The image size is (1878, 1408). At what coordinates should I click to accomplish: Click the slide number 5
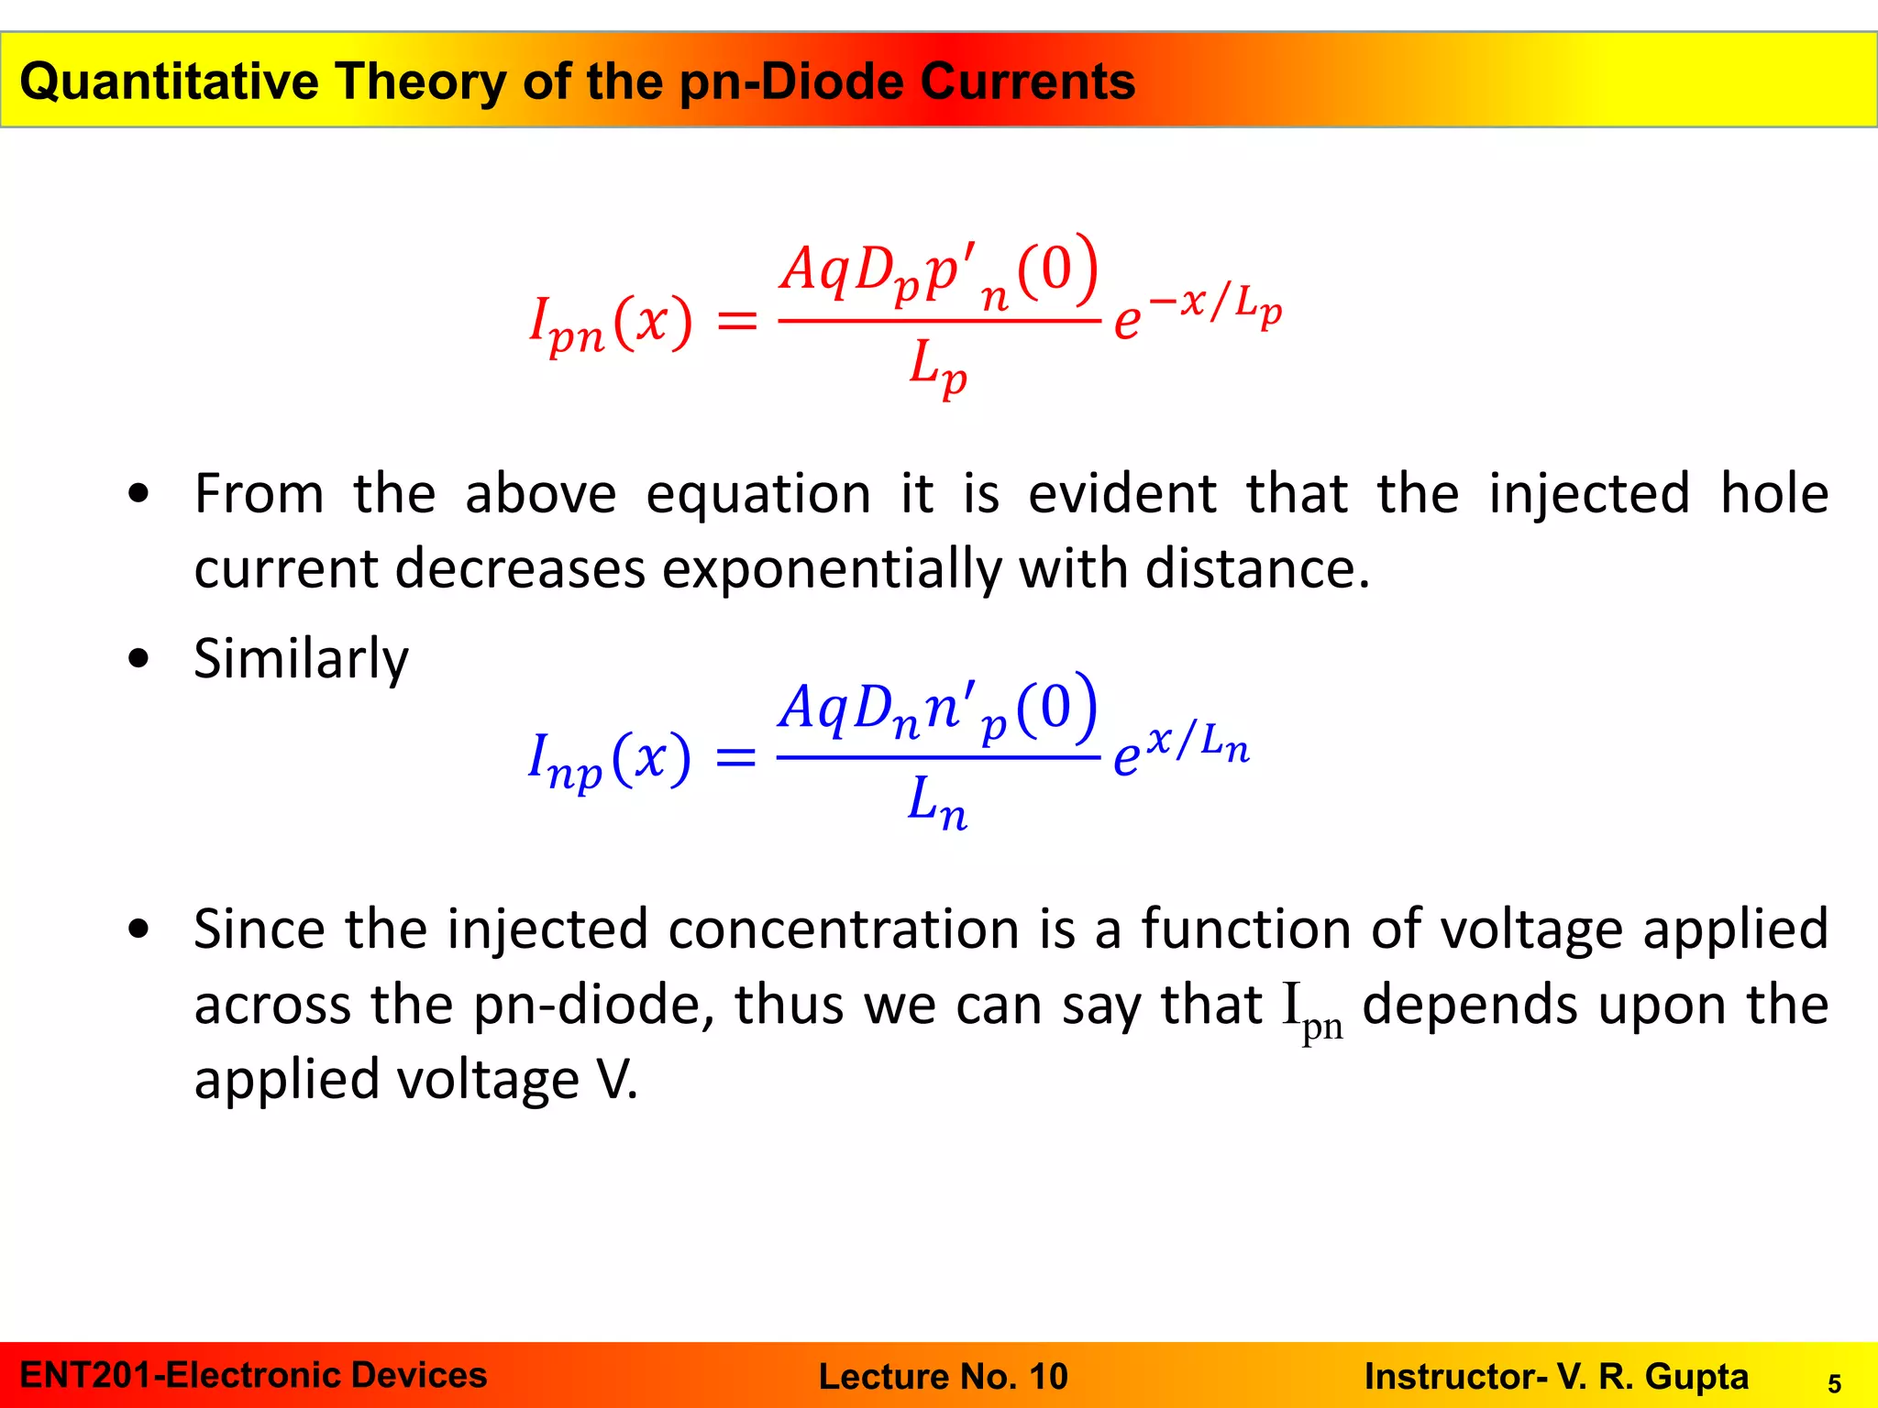[x=1834, y=1383]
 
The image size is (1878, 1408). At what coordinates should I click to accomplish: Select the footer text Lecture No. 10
[x=943, y=1376]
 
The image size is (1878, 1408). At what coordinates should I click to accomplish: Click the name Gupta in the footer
[x=1696, y=1376]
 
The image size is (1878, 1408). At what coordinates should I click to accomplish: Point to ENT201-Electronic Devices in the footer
[x=253, y=1375]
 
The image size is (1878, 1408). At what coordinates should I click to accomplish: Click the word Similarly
[x=301, y=658]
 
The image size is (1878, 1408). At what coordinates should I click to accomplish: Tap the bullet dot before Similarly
[x=138, y=658]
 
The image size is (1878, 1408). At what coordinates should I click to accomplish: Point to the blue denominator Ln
[x=937, y=801]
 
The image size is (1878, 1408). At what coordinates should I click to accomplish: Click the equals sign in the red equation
[x=736, y=321]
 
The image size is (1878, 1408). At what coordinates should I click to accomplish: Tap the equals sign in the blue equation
[x=735, y=758]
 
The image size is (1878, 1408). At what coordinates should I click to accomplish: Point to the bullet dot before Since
[x=138, y=929]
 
